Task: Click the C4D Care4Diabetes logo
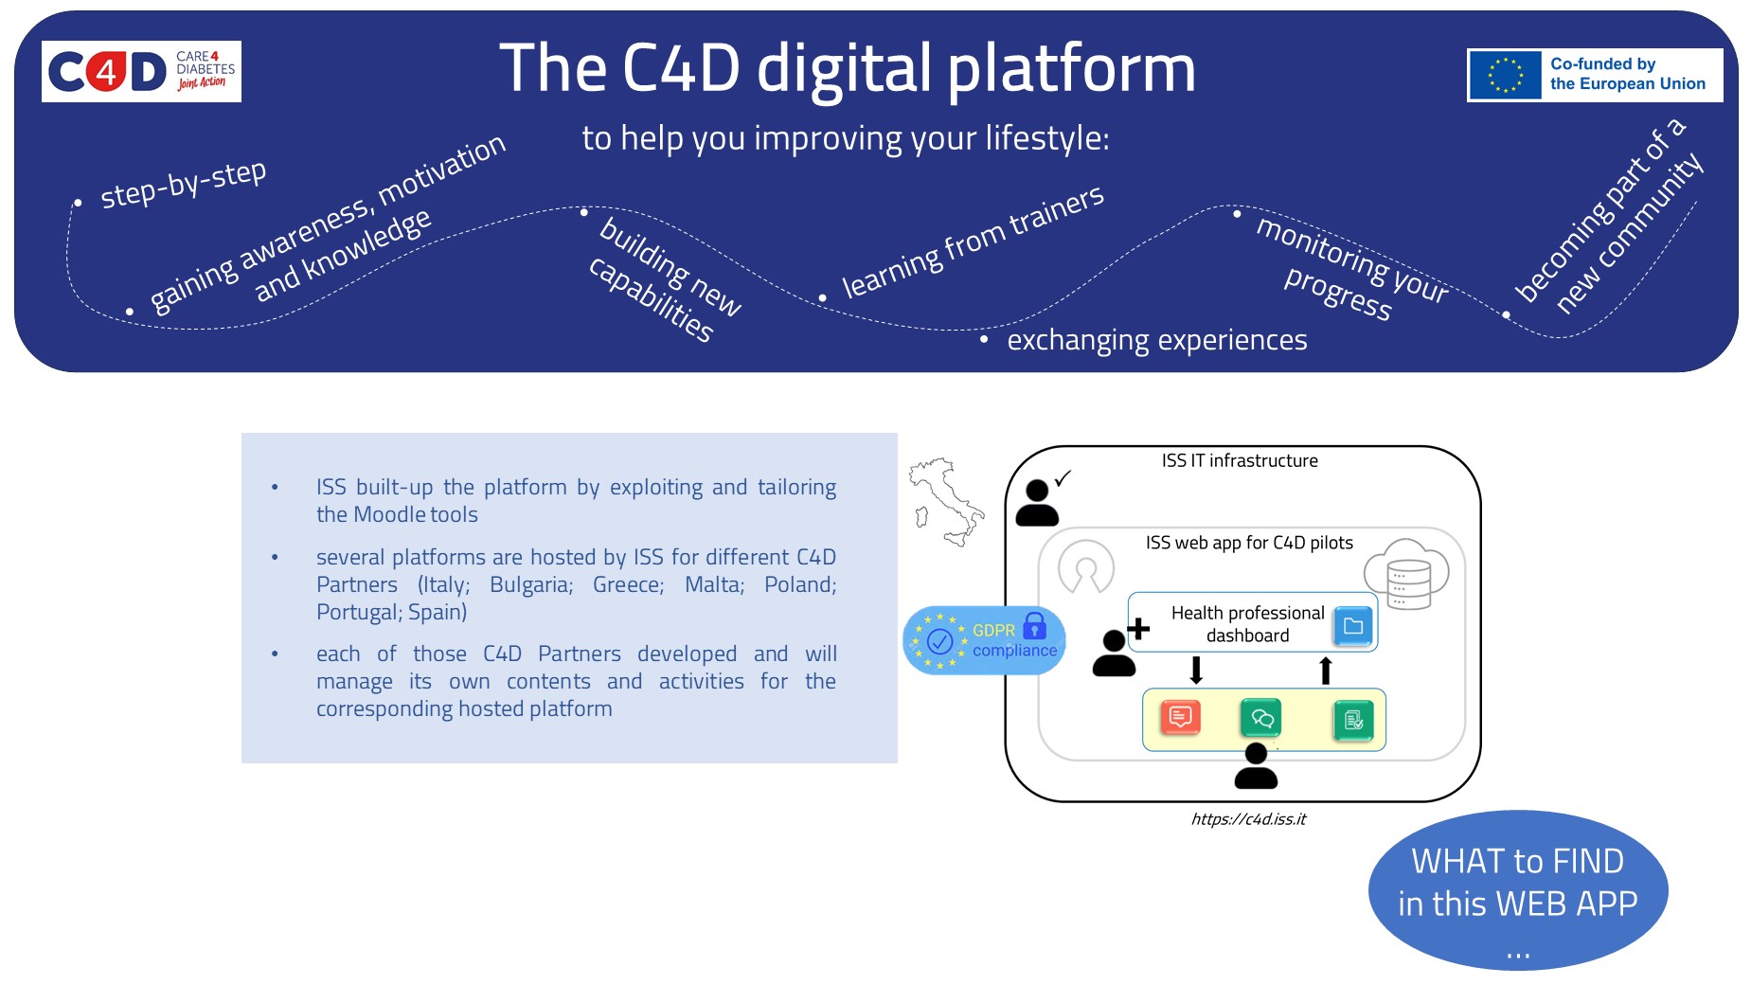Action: point(141,71)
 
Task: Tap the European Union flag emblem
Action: point(1505,75)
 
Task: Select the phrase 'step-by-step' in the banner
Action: point(183,183)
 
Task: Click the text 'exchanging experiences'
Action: point(1156,340)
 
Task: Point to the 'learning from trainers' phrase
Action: point(973,242)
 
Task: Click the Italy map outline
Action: point(945,502)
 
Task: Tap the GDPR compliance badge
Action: point(985,640)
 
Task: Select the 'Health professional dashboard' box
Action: point(1247,624)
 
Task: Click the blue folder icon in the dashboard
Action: point(1353,626)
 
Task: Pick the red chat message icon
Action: point(1180,718)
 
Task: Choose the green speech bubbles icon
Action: point(1261,718)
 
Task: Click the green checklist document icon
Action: point(1353,721)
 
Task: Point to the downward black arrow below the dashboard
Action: point(1196,671)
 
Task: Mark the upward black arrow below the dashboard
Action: point(1326,671)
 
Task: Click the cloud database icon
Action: point(1406,573)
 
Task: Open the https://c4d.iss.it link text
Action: point(1248,819)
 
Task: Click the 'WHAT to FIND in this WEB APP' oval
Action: point(1517,889)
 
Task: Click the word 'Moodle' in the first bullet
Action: point(388,515)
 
